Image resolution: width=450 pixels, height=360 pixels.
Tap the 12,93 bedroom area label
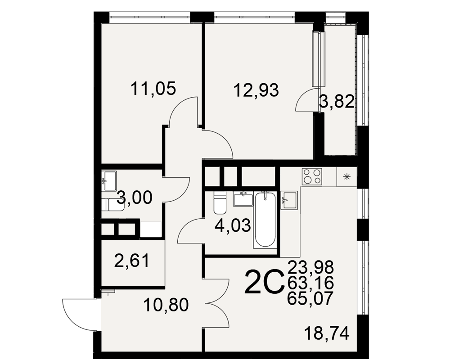256,90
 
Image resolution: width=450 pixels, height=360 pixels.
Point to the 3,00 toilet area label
135,198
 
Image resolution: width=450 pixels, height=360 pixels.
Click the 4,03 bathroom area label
233,225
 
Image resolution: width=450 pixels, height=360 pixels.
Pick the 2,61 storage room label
132,261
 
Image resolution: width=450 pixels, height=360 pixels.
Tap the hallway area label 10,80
166,305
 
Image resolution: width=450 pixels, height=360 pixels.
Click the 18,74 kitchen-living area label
327,333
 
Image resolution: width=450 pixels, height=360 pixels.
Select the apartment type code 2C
264,282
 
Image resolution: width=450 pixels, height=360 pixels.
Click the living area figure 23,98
311,267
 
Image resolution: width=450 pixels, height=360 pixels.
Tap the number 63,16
311,283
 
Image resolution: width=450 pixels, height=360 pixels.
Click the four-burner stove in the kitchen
312,176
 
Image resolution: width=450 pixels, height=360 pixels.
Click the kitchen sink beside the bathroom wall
289,200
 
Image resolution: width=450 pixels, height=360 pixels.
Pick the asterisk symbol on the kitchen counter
347,177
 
